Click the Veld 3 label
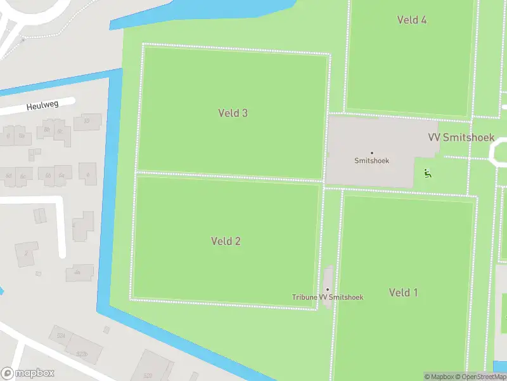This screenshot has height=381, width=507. click(x=233, y=113)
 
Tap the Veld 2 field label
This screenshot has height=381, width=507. click(x=226, y=241)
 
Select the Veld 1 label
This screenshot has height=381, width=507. click(x=403, y=293)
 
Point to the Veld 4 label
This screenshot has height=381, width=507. click(x=411, y=20)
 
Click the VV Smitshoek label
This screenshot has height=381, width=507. click(x=461, y=137)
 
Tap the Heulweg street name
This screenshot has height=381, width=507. click(x=42, y=106)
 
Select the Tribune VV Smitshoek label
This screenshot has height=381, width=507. click(x=328, y=297)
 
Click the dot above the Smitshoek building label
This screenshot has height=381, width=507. click(x=371, y=152)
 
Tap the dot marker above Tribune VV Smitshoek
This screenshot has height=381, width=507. click(x=328, y=290)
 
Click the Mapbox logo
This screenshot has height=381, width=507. click(x=27, y=373)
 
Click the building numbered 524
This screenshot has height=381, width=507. click(x=61, y=335)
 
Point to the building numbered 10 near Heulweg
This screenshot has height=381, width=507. click(x=87, y=121)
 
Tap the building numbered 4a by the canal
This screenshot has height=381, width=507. click(x=79, y=272)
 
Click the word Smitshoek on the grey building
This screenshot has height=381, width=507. click(x=371, y=161)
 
